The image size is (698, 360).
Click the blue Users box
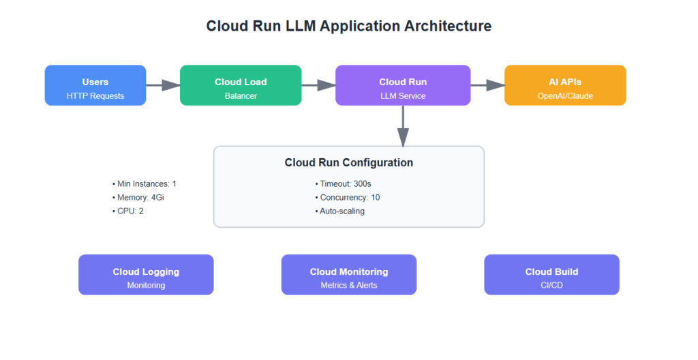95,85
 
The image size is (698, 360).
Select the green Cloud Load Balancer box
241,85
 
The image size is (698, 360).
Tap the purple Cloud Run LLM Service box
403,85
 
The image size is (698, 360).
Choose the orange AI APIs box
565,85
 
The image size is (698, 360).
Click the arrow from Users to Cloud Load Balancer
163,85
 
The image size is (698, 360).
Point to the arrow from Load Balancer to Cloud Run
318,85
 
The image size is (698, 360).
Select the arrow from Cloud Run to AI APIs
487,85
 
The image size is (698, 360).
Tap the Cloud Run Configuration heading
348,163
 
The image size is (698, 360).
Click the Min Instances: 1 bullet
145,184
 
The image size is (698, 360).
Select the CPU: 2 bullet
128,211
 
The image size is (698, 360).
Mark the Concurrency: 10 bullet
348,198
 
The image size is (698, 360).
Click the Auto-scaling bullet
340,211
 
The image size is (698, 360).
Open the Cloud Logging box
146,275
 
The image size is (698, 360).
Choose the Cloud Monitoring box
349,275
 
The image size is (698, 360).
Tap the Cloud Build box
551,275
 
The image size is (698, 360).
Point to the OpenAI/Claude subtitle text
565,96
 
